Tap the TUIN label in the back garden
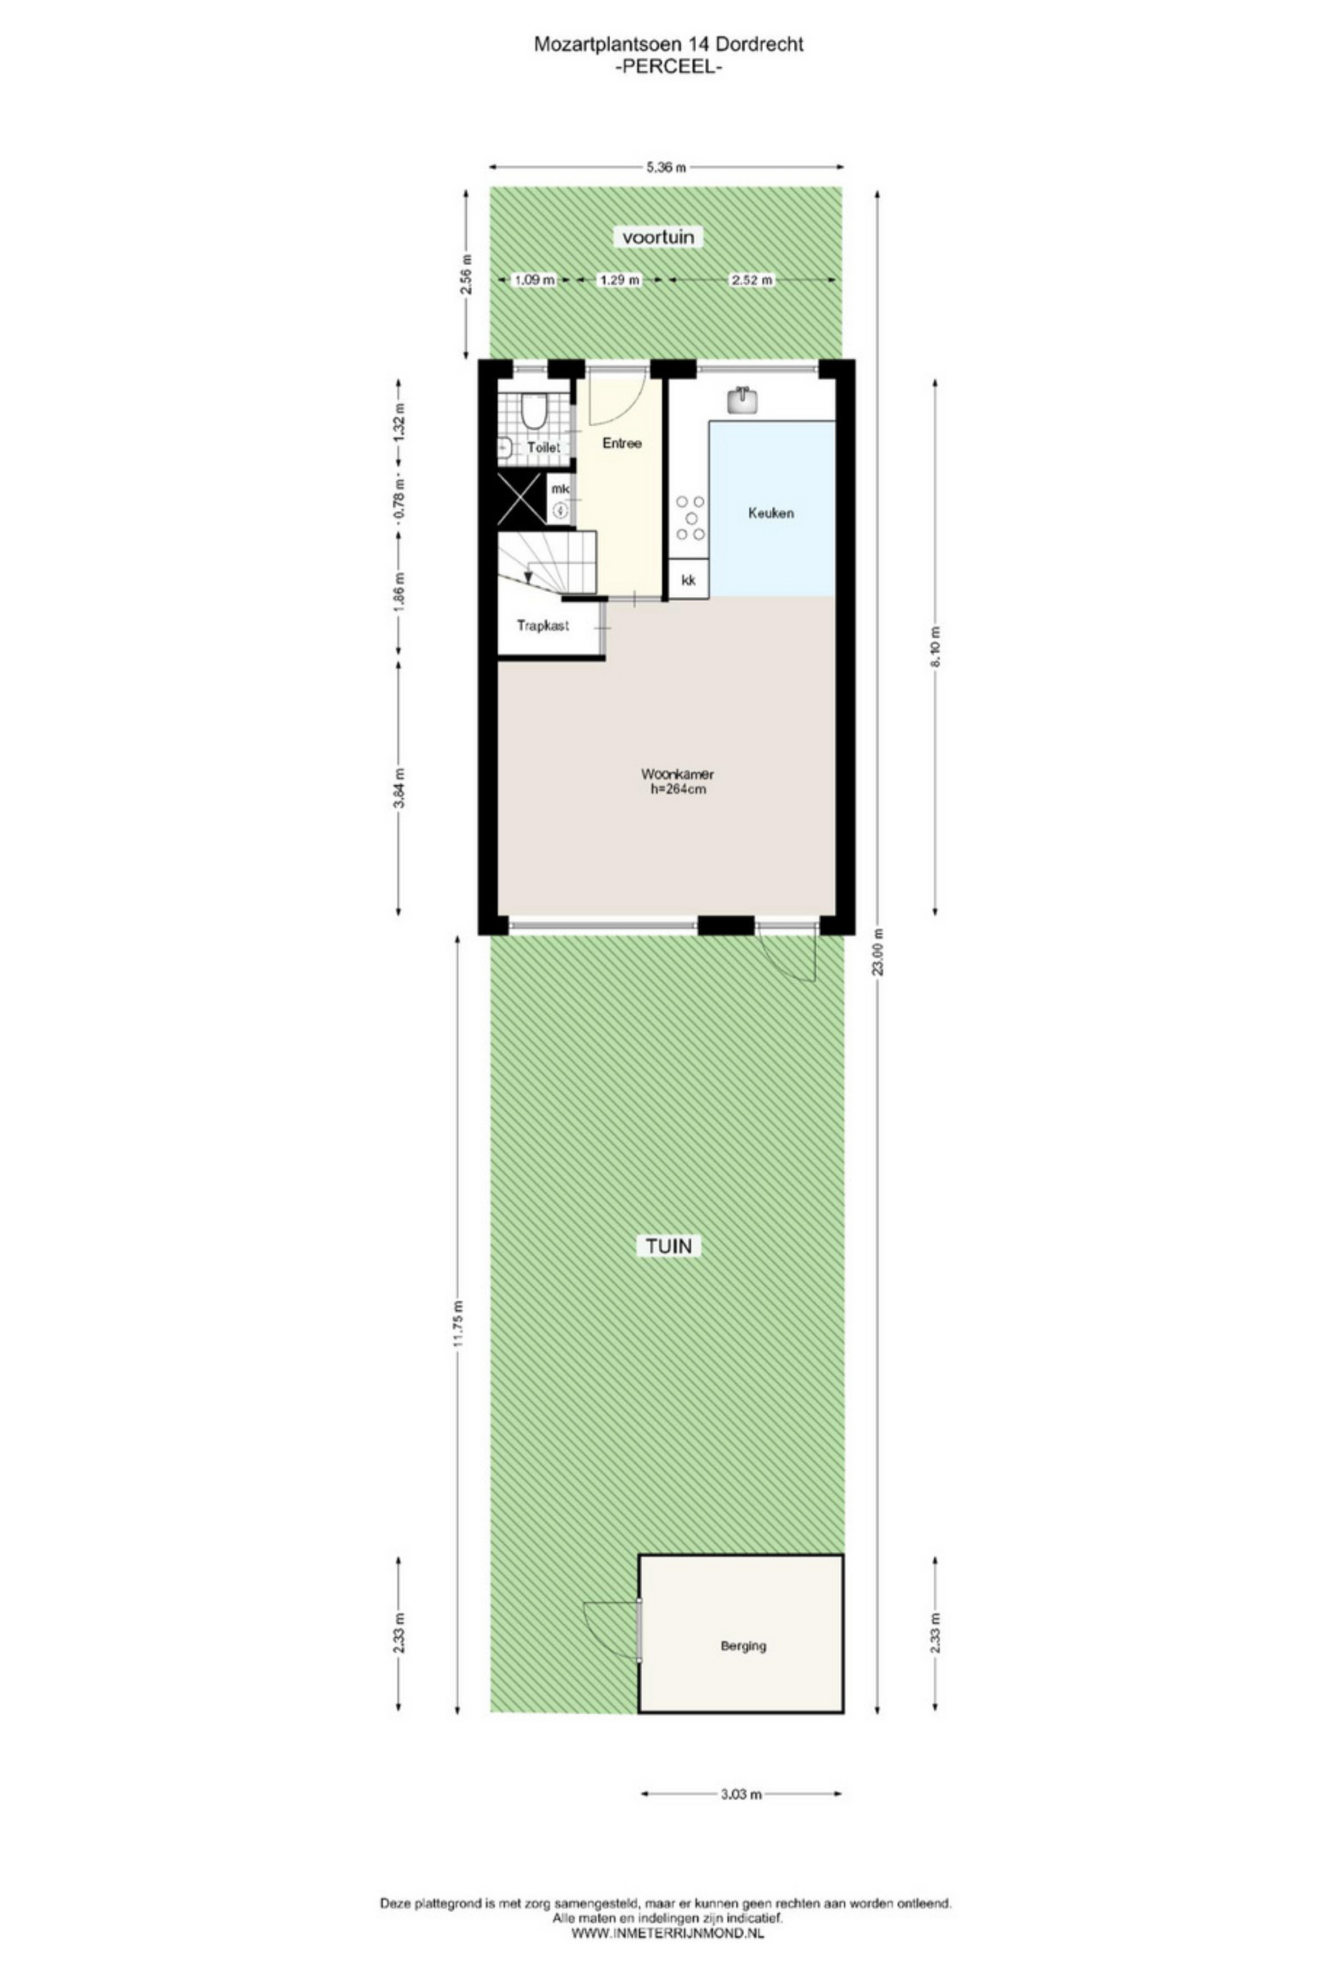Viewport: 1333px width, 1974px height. pos(670,1246)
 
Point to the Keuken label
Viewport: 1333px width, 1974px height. pos(771,513)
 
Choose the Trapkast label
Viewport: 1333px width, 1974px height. pos(543,626)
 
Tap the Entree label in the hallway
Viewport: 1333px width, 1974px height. pos(622,443)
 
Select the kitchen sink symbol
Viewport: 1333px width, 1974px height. pos(744,399)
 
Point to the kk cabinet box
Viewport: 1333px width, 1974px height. pos(688,579)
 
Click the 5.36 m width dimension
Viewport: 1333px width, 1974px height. pos(666,167)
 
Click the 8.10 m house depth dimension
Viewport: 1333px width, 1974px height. pos(936,647)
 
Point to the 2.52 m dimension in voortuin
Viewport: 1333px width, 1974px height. pos(753,279)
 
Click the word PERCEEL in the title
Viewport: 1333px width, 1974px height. pos(668,69)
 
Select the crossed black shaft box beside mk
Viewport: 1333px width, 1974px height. pos(521,499)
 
